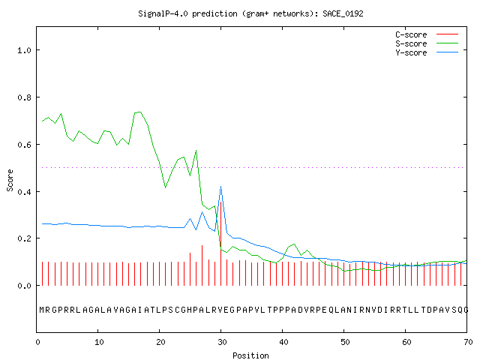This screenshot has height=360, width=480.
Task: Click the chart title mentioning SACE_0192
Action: pos(250,13)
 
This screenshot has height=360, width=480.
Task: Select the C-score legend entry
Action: pos(427,34)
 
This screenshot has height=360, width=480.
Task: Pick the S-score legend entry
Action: pos(427,43)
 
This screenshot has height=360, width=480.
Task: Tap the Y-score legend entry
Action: pos(427,52)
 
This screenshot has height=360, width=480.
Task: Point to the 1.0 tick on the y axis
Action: pos(24,50)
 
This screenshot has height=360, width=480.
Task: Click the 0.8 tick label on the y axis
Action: pos(24,97)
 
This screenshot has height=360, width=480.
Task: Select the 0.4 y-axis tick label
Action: pos(24,192)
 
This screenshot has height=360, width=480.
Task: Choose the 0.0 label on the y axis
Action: pos(24,286)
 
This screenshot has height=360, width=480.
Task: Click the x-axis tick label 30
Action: pos(222,342)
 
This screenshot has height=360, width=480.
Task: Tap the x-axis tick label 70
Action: pos(468,342)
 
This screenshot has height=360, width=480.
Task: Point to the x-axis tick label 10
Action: pos(99,342)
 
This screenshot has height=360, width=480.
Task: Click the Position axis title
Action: pos(250,355)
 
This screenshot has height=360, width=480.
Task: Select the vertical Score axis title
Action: pos(10,180)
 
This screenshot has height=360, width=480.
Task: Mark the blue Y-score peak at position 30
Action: pos(220,187)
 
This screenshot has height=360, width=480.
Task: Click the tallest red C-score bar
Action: pos(220,243)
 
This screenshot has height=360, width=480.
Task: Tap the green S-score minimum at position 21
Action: pos(165,187)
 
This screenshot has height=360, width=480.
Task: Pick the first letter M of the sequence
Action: pos(42,310)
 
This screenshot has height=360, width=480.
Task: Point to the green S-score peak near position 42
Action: pos(294,244)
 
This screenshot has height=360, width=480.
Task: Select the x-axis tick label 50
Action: pos(345,342)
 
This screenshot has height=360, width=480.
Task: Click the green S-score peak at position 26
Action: pos(196,151)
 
